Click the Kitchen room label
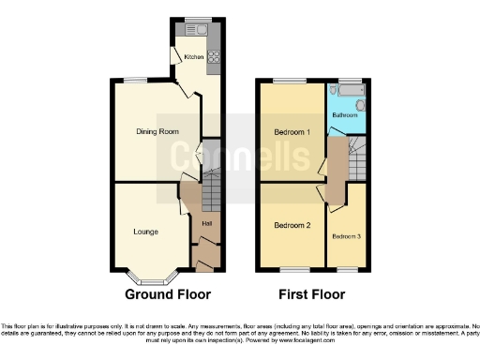click(193, 57)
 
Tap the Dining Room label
click(156, 131)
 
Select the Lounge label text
click(144, 231)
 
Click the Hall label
click(206, 222)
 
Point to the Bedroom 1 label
click(292, 131)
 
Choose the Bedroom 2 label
click(292, 225)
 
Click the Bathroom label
click(344, 115)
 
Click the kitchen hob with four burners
click(214, 55)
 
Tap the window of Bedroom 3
click(347, 272)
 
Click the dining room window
click(137, 81)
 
